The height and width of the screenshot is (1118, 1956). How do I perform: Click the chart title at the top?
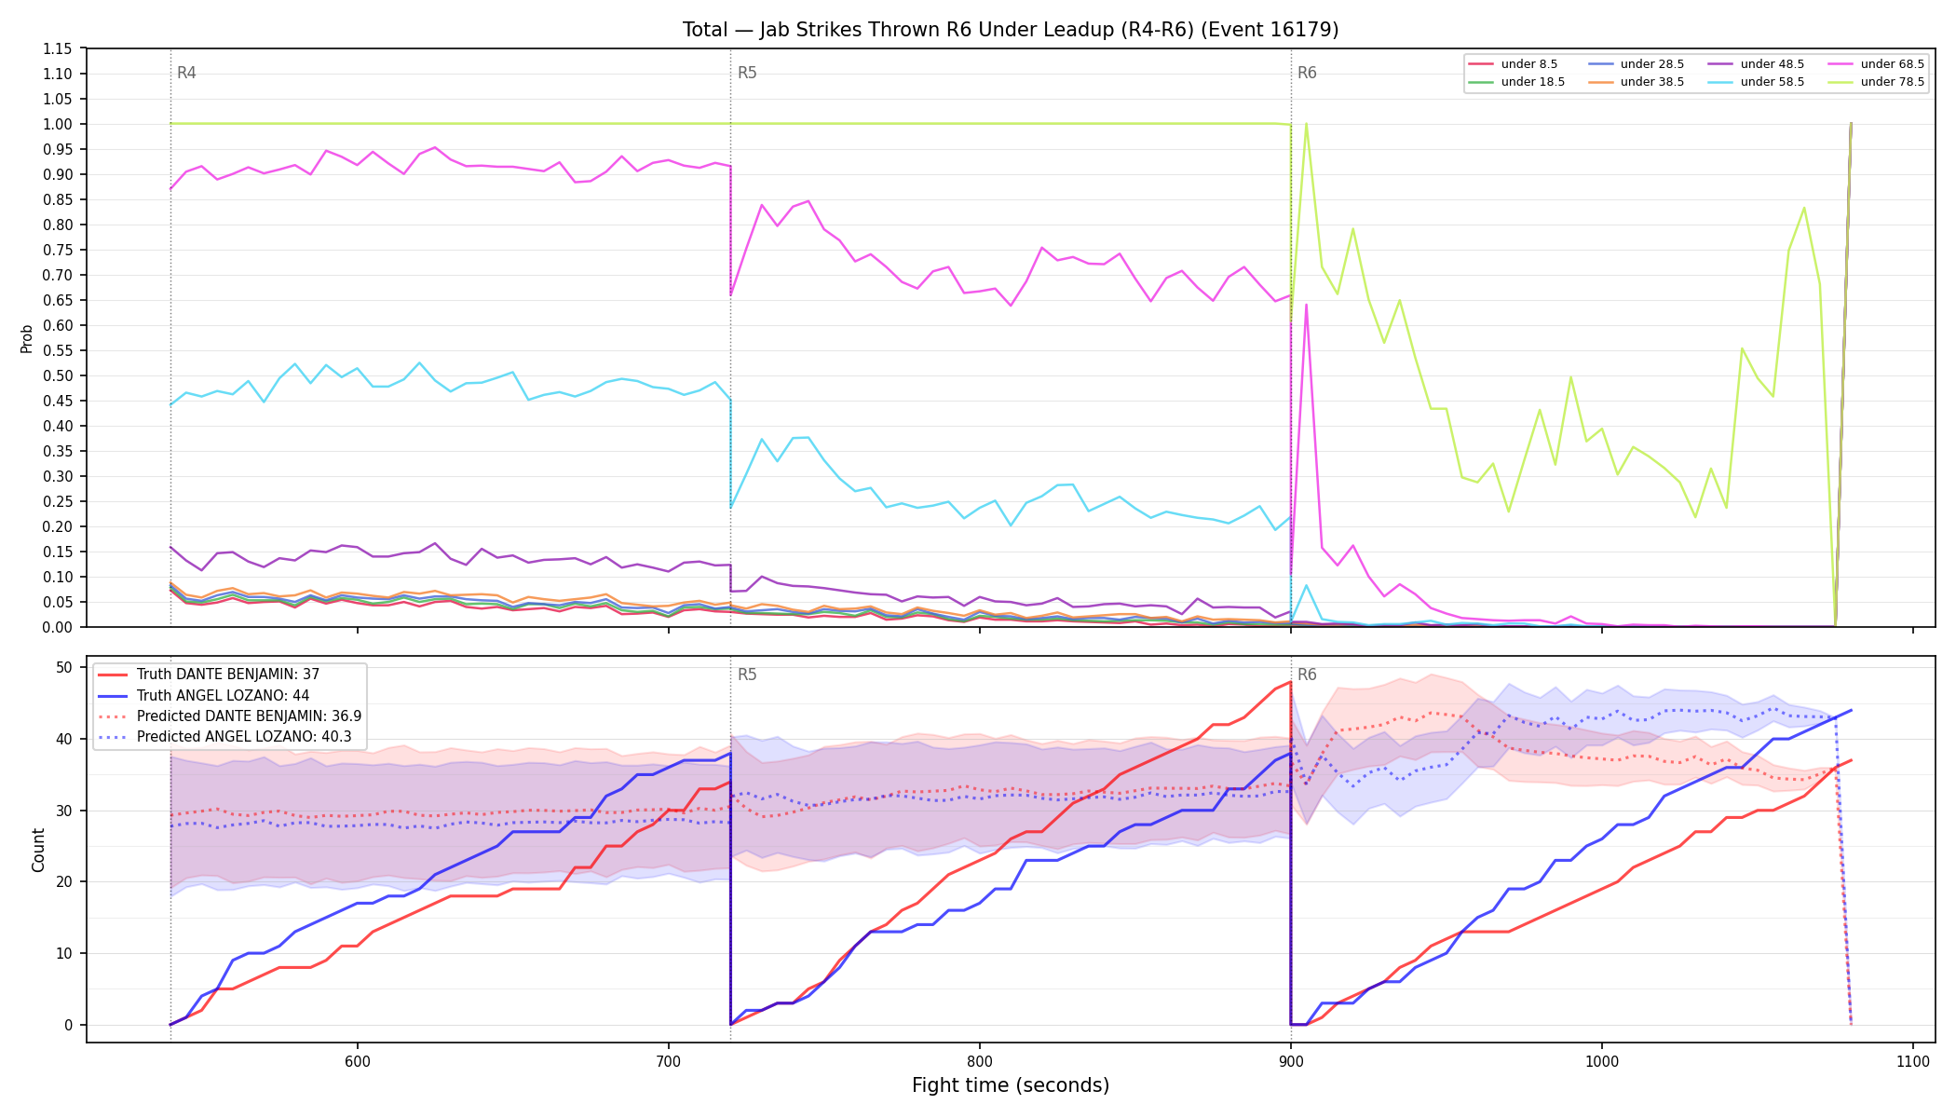(1011, 30)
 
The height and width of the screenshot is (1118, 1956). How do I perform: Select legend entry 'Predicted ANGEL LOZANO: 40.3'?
(230, 737)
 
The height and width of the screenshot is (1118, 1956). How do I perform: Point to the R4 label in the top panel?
(186, 73)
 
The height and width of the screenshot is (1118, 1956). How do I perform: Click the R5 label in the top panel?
(747, 73)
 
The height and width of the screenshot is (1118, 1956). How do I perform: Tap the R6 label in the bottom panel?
(1307, 675)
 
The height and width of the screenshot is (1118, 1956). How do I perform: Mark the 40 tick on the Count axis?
(64, 739)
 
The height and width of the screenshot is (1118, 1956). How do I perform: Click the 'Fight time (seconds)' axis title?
(1011, 1085)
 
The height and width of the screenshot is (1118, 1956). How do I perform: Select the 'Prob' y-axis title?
(27, 338)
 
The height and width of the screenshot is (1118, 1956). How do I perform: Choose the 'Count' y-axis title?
(38, 850)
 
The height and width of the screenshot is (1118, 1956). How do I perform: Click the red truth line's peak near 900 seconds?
(1290, 682)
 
